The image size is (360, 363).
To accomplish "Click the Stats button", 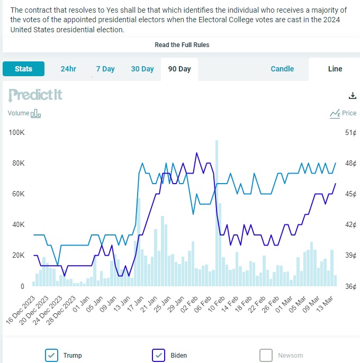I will [x=23, y=69].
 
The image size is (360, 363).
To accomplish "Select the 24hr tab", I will [x=68, y=69].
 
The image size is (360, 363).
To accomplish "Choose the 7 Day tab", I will [x=105, y=69].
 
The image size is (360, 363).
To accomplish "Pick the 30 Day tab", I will [x=142, y=69].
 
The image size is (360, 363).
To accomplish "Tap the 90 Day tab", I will [x=179, y=69].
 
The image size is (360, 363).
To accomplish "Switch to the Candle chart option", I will [x=282, y=69].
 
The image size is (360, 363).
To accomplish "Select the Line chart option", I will [x=335, y=69].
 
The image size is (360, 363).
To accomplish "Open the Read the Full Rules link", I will [x=182, y=45].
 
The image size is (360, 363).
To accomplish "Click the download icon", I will [x=353, y=96].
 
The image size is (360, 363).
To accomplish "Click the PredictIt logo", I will [x=35, y=95].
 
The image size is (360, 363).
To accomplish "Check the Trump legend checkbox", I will [x=52, y=355].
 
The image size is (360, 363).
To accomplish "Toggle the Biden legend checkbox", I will [x=159, y=355].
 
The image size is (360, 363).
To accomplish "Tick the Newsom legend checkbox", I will [x=266, y=355].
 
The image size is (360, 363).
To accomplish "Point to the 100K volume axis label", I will [x=16, y=132].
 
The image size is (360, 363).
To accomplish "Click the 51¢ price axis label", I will [x=351, y=132].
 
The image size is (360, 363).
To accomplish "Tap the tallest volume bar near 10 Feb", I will [x=217, y=206].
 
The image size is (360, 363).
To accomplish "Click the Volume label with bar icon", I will [x=24, y=113].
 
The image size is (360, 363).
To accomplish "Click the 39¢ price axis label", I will [x=351, y=255].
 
